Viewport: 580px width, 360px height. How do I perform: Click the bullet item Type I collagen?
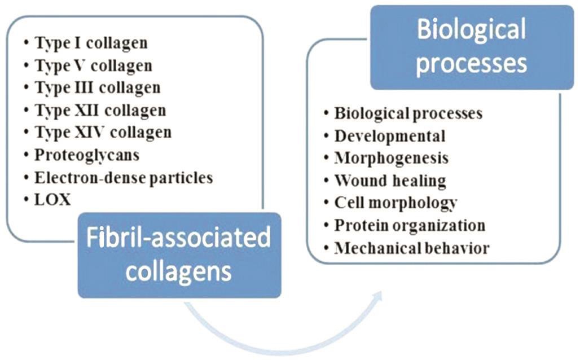[91, 43]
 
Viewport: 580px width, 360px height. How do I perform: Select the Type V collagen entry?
[93, 66]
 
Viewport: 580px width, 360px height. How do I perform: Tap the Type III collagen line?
[98, 88]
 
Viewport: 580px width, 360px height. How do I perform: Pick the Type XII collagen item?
[100, 110]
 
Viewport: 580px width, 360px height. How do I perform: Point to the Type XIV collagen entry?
[103, 133]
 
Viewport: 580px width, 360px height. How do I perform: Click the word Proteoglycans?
[87, 155]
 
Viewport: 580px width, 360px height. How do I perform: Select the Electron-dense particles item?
[124, 178]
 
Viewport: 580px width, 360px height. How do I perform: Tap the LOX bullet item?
[52, 200]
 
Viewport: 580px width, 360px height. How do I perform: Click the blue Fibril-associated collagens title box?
[179, 255]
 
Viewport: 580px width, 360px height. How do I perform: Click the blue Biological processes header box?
[472, 47]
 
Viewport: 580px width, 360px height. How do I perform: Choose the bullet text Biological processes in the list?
[408, 113]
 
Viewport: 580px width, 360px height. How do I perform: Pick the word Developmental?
[390, 136]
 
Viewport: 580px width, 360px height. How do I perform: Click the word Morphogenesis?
[392, 159]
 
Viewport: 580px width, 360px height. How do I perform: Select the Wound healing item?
[390, 181]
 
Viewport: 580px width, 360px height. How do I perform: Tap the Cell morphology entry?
[396, 203]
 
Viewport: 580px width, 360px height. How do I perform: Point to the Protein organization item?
[410, 226]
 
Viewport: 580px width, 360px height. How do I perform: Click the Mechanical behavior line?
[412, 248]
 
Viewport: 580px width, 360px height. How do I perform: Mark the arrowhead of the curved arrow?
[377, 297]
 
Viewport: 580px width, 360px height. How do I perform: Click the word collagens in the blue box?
[179, 273]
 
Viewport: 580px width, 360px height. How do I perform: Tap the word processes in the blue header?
[472, 64]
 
